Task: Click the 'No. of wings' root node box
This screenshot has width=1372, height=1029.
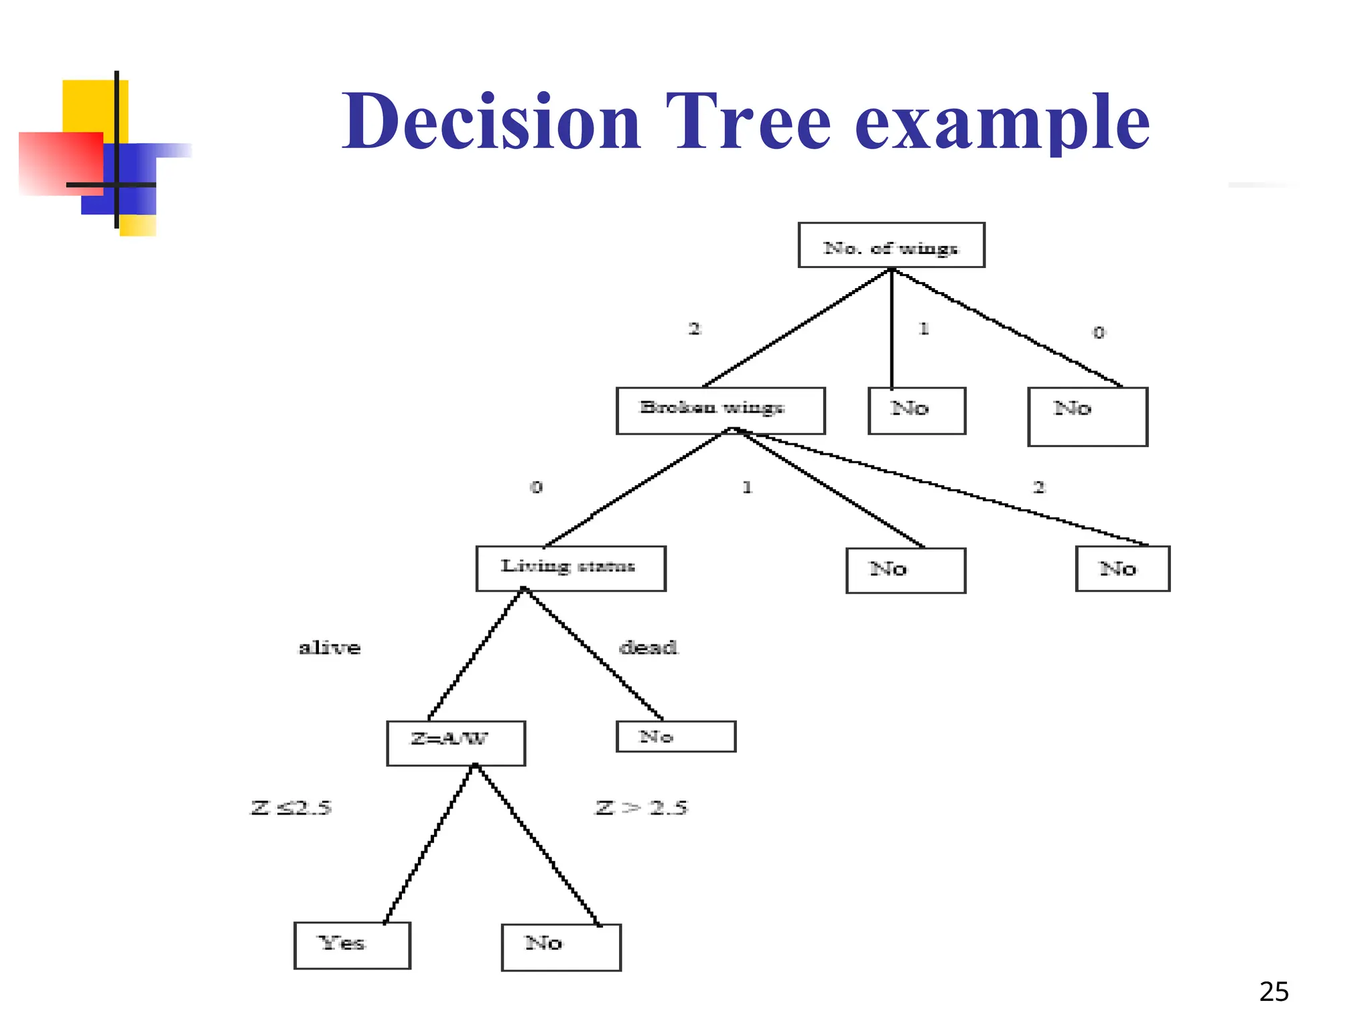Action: (x=891, y=245)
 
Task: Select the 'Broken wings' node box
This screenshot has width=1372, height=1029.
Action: (x=720, y=410)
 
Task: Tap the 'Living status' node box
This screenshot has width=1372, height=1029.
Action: (x=571, y=568)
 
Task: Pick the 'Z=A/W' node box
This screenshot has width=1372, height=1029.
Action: (x=456, y=742)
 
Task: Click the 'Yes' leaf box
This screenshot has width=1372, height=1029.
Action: (x=352, y=945)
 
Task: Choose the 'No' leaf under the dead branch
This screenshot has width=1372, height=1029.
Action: (x=675, y=736)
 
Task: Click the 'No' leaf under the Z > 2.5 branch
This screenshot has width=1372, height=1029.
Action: (x=561, y=947)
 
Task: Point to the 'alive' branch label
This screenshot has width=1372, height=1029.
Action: (x=329, y=648)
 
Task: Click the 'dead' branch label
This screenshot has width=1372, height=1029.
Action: (x=648, y=648)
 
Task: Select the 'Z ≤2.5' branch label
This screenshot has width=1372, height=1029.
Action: (x=291, y=808)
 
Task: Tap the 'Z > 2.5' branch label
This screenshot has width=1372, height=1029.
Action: (x=641, y=808)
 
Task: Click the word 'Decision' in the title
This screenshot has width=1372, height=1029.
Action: (x=491, y=122)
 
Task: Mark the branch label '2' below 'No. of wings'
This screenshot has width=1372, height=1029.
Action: (x=695, y=329)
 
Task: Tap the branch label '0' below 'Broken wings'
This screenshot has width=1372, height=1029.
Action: (x=536, y=487)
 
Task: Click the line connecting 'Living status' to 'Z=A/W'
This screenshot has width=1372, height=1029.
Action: (x=476, y=654)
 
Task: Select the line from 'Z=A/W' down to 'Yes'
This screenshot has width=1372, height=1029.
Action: (x=429, y=844)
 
